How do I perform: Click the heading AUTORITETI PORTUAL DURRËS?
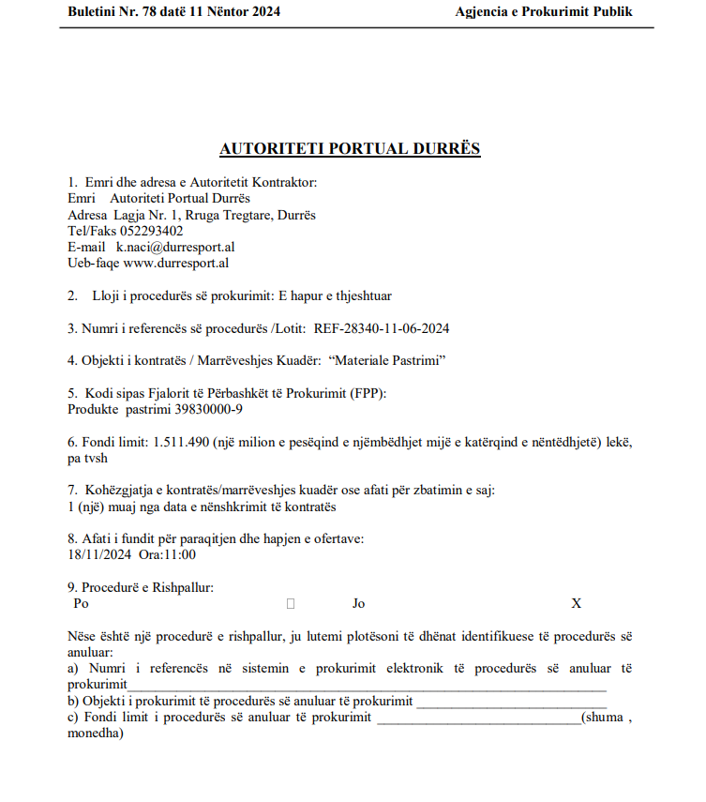coord(350,148)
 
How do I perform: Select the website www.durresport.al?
coord(176,263)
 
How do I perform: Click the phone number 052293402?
coord(152,231)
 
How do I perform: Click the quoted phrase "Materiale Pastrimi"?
coord(387,359)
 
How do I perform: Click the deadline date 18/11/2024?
coord(99,553)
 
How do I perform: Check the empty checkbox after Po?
coord(291,603)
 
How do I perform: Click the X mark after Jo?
coord(577,603)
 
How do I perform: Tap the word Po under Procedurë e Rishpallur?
coord(81,603)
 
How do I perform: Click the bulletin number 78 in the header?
coord(146,12)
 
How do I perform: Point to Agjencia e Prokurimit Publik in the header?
coord(544,12)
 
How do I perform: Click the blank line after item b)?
coord(511,702)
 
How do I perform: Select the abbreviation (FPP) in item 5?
coord(368,392)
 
